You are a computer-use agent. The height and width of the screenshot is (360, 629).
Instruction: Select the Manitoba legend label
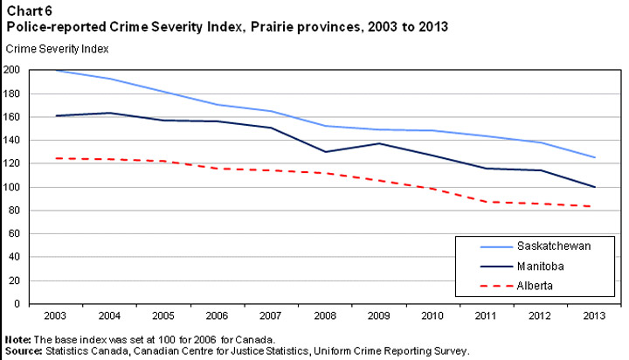click(539, 266)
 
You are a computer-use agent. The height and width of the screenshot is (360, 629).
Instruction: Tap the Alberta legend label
click(534, 285)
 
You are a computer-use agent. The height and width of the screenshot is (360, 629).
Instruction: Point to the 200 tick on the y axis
click(11, 70)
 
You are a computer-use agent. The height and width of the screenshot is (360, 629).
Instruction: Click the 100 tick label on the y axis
click(11, 187)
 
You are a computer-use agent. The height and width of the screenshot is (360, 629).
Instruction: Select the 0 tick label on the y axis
click(17, 304)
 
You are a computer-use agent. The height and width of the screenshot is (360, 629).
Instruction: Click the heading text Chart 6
click(24, 11)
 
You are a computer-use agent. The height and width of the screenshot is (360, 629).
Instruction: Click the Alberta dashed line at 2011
click(486, 202)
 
